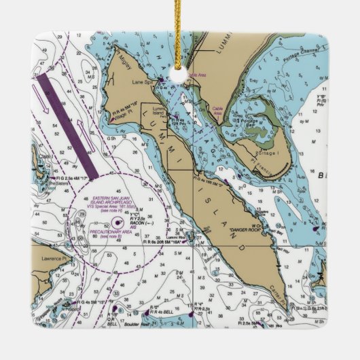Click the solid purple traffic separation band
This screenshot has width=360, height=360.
pos(68,125)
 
